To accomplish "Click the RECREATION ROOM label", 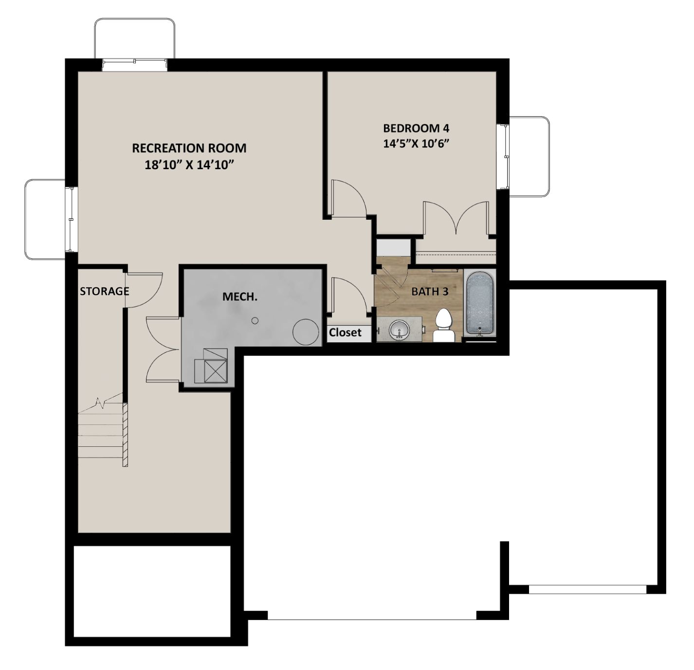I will pyautogui.click(x=189, y=148).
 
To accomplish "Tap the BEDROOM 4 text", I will pyautogui.click(x=416, y=128).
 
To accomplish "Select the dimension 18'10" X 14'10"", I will pyautogui.click(x=189, y=165).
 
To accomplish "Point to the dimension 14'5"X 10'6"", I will pyautogui.click(x=416, y=144).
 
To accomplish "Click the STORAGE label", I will pyautogui.click(x=104, y=291).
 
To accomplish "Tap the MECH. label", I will pyautogui.click(x=240, y=297).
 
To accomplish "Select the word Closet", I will pyautogui.click(x=345, y=333).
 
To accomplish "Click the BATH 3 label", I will pyautogui.click(x=430, y=292).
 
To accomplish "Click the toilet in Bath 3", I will pyautogui.click(x=443, y=326).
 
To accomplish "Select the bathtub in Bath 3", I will pyautogui.click(x=479, y=304).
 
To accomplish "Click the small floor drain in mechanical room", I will pyautogui.click(x=255, y=321).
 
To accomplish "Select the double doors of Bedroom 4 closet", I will pyautogui.click(x=456, y=218).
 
